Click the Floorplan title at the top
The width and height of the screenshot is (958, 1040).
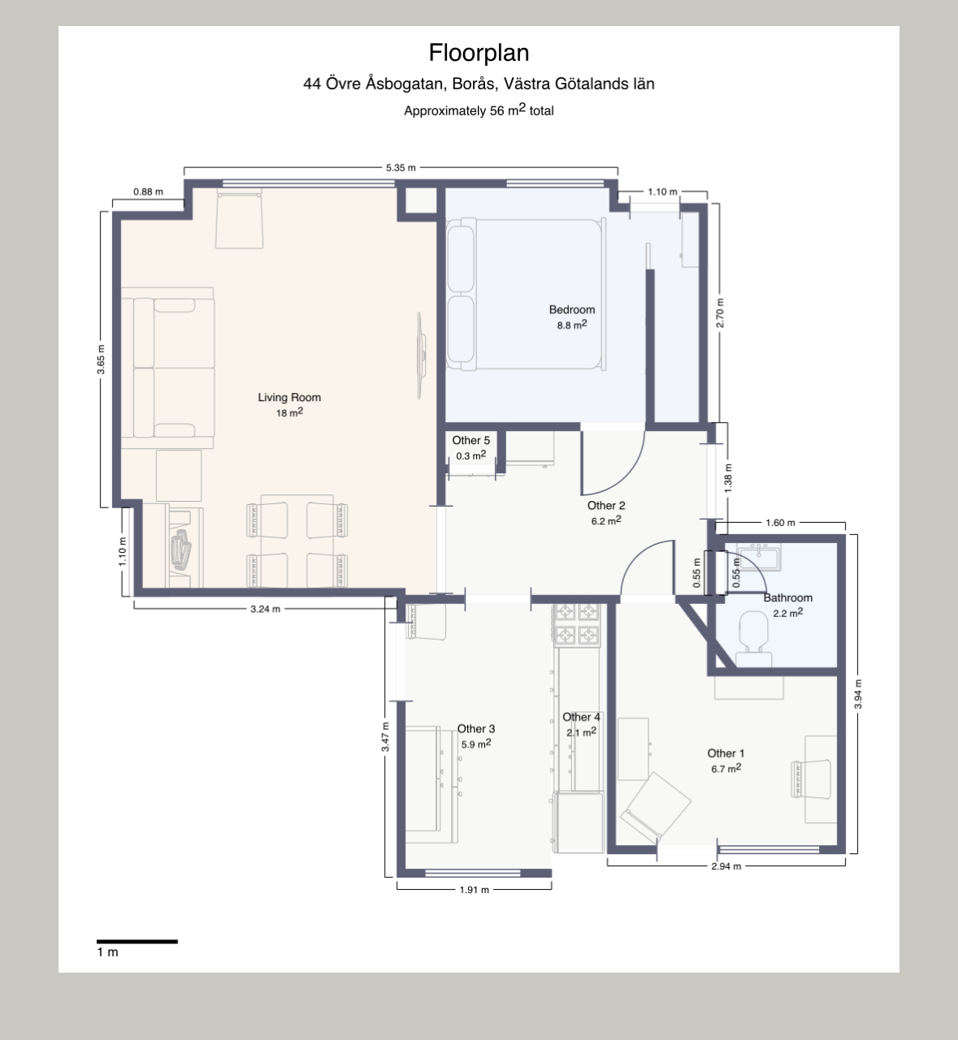479,53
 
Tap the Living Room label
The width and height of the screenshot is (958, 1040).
289,397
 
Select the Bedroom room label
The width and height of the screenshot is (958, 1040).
572,309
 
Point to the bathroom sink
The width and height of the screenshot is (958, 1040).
758,557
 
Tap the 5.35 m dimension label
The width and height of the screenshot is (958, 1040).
401,168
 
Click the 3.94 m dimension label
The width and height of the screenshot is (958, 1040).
858,694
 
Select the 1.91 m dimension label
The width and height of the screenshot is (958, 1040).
474,890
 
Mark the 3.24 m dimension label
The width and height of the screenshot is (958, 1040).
265,609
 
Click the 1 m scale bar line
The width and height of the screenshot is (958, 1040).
137,941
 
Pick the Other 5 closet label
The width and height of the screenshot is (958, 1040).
470,440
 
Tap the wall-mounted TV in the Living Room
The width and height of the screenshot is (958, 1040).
422,356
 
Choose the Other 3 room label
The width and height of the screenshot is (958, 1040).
476,728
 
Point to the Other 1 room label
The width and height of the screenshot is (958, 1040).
726,753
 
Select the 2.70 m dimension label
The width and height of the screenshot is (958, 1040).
720,313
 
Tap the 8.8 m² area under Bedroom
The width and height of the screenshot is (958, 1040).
572,325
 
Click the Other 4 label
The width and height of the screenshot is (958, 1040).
581,717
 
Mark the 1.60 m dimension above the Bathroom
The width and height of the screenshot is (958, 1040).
780,523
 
